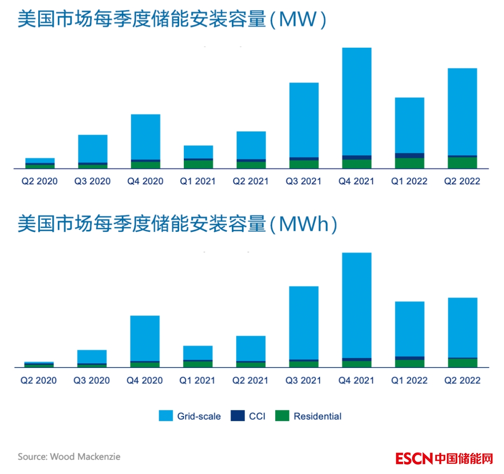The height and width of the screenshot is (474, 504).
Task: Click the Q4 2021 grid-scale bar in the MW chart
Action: pos(357,101)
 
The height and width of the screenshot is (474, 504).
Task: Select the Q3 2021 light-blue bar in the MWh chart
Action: pos(304,323)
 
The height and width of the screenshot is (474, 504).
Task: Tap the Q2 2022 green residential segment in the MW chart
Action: pos(462,163)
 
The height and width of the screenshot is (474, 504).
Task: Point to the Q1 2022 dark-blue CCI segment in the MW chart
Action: pos(410,156)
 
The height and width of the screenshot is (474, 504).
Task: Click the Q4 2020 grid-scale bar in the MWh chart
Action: pos(145,338)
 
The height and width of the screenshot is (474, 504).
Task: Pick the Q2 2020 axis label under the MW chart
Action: pos(39,181)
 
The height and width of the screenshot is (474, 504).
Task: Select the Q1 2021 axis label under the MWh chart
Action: pos(197,381)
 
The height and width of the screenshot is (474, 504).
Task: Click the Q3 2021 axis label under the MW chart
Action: pos(303,181)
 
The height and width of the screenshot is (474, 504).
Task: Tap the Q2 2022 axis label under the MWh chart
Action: pos(462,381)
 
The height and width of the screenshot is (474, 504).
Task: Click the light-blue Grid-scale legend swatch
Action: pos(166,416)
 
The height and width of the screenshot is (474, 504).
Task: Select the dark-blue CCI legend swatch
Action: pos(238,416)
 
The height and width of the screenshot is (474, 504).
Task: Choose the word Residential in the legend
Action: pos(317,416)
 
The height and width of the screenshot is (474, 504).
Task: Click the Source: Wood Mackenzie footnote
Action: pos(69,457)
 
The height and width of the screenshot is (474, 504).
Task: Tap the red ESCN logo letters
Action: pos(414,458)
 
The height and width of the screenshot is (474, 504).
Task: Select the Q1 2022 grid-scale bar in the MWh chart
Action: pos(410,329)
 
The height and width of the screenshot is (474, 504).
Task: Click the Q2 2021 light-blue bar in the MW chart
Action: pos(251,145)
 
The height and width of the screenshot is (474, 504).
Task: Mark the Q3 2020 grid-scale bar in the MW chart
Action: pos(92,148)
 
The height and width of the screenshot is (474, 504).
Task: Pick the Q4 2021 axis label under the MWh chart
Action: pos(357,381)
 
